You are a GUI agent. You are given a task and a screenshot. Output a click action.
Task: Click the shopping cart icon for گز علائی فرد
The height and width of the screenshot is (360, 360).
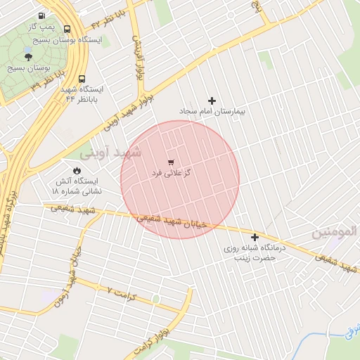[x=171, y=162]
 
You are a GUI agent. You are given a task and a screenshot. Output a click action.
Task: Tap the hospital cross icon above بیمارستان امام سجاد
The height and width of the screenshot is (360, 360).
[x=212, y=101]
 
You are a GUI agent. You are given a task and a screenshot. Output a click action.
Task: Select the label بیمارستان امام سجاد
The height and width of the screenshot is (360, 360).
[x=212, y=112]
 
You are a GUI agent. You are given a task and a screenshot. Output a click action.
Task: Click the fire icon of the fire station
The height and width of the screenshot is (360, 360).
[x=77, y=171]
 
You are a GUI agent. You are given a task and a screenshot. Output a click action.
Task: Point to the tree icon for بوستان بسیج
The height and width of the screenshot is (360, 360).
[x=28, y=56]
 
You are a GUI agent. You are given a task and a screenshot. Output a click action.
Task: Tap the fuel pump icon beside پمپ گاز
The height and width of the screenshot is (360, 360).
[x=42, y=15]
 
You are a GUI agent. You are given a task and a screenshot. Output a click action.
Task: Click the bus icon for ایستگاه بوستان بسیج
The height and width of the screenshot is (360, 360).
[x=67, y=29]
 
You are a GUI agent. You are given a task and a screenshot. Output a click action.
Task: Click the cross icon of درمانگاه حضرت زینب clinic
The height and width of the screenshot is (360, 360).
[x=255, y=237]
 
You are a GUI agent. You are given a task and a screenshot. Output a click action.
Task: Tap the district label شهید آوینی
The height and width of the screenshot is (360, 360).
[x=112, y=152]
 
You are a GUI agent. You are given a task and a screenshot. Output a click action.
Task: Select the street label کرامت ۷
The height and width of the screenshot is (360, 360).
[x=121, y=290]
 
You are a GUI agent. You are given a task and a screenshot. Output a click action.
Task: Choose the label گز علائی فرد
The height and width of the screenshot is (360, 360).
[x=172, y=172]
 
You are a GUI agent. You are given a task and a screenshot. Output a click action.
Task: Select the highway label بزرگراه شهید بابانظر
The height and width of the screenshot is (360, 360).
[x=7, y=218]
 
